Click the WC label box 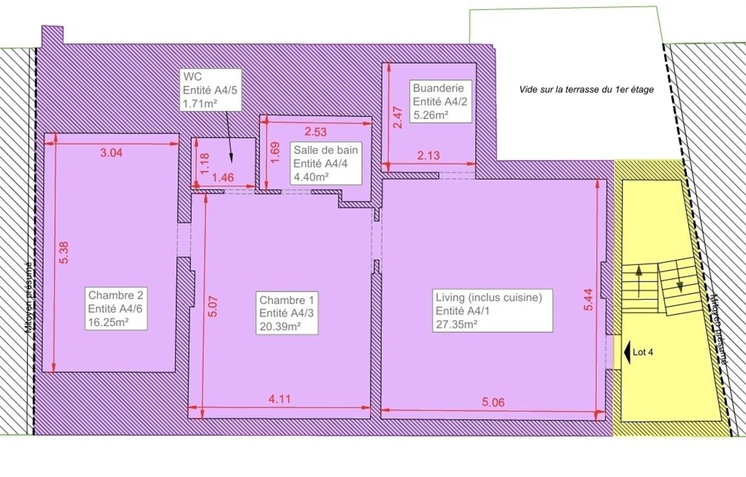pos(211,90)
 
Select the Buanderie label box pos(441,101)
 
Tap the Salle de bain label pos(326,163)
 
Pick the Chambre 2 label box pos(116,308)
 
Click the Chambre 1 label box pos(287,313)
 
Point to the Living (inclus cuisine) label pos(493,311)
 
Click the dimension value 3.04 pos(112,153)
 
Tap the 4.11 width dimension pos(280,399)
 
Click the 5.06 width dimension pos(493,402)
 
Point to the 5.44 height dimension pos(589,299)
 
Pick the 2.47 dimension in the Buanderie pos(398,117)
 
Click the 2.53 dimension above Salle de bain pos(315,132)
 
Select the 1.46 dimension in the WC pos(223,177)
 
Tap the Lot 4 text pos(643,352)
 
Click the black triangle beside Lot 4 pos(627,352)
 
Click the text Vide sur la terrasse pos(586,89)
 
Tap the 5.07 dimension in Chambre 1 pos(213,306)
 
